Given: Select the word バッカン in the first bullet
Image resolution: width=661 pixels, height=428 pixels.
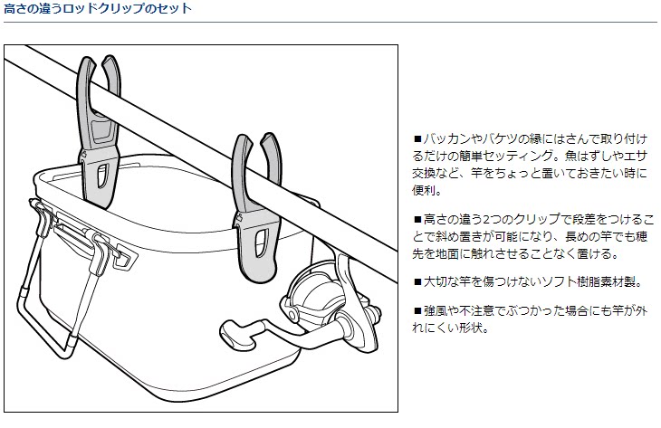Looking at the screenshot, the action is click(449, 140).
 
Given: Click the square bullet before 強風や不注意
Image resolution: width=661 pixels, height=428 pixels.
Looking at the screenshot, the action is click(417, 310).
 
